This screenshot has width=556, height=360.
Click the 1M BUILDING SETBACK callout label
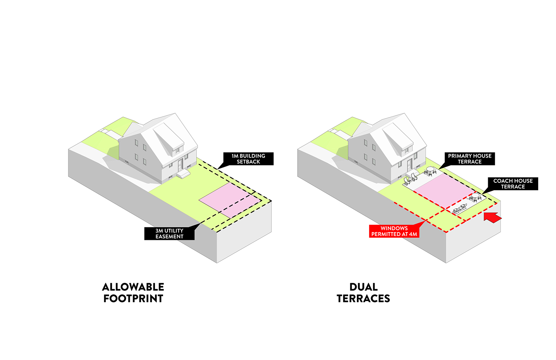tap(248, 159)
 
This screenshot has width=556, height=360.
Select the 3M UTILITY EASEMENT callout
tap(169, 234)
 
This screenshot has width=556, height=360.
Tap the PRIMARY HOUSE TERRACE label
tap(470, 159)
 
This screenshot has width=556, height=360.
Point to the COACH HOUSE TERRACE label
tap(513, 184)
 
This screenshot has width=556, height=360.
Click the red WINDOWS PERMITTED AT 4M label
tap(394, 231)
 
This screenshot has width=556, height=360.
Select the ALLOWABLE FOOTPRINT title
tap(133, 293)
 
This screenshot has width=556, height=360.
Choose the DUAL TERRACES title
tap(363, 293)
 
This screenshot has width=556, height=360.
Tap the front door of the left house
tap(181, 165)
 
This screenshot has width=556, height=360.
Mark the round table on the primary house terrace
tap(430, 170)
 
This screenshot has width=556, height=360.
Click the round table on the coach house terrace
tap(476, 195)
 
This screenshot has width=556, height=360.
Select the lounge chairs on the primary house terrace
tap(409, 180)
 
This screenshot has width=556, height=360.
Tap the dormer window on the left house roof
tap(178, 150)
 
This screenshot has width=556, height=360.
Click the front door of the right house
tap(410, 165)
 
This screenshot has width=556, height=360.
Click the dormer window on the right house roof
tap(407, 150)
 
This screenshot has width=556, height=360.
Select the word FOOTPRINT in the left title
tap(133, 298)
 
